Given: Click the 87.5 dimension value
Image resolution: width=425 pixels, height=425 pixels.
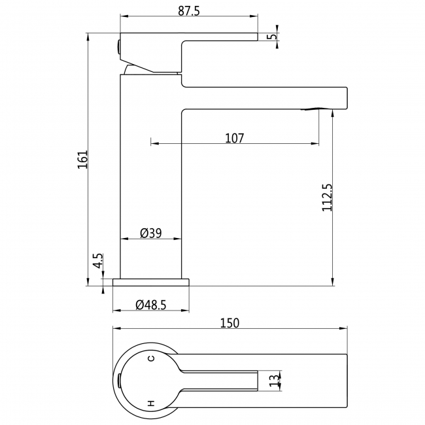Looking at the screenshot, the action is [189, 11].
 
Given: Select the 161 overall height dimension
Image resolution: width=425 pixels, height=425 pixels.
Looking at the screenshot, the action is [83, 159].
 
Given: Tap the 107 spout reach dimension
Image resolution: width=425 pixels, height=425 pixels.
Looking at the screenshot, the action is [235, 138].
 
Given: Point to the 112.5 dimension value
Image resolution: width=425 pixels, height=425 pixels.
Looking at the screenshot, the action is [327, 197].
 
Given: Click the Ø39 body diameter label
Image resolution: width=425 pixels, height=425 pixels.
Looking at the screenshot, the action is [150, 233].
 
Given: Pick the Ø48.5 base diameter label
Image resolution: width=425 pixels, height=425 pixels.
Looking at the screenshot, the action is [150, 305].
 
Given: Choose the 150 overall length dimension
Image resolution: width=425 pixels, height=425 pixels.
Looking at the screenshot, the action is [229, 323].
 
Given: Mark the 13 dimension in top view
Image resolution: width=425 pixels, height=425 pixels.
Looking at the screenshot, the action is [275, 381].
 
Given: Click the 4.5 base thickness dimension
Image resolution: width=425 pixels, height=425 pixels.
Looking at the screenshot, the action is [98, 261].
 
